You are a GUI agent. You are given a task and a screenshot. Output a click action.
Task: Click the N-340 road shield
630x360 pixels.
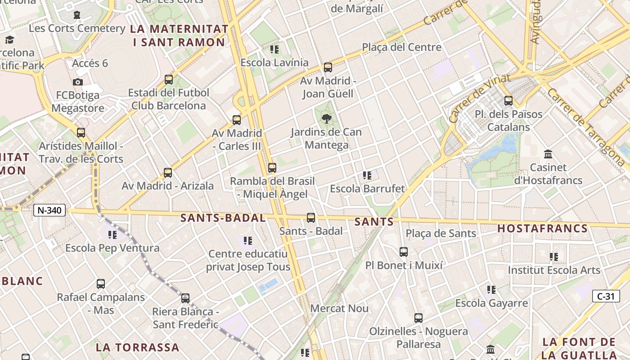coord(49,210)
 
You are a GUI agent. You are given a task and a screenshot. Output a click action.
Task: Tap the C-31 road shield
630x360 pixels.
coord(606,296)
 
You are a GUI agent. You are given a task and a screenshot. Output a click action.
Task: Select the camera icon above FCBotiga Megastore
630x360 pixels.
coord(78,82)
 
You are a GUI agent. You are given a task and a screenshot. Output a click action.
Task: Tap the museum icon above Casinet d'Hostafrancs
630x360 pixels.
coord(548,154)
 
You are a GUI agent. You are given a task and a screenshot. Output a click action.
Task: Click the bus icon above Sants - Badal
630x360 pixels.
coord(310,218)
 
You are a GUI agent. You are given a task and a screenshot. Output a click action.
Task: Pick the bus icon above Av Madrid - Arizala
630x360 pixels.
coord(168,172)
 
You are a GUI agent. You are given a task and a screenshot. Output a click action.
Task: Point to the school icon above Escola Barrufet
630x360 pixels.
coord(367,175)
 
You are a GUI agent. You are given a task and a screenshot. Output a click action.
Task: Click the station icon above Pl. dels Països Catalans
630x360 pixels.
coord(508,101)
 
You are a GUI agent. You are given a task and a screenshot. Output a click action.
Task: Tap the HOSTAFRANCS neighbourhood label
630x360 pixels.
coord(542,229)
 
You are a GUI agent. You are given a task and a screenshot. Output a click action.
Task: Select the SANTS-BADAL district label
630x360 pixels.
coord(223,218)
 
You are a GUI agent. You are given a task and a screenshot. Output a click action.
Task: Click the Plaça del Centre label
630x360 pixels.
coord(401,47)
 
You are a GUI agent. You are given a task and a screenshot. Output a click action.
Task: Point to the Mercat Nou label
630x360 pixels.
coord(339,309)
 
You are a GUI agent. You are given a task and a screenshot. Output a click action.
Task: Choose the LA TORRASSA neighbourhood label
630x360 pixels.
coord(137,347)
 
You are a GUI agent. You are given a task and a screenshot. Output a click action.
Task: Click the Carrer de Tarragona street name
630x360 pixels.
coord(585,126)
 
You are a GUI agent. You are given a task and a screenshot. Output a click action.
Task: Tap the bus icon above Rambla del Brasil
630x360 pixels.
coord(272,168)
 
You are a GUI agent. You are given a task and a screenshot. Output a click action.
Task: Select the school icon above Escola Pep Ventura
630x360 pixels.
coord(112,234)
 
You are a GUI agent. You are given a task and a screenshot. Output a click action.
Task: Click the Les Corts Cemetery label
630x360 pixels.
coord(77,28)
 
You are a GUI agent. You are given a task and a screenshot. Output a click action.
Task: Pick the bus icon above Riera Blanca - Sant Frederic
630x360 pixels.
coord(185,298)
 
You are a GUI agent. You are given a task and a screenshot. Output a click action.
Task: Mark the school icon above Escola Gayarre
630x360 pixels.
coord(491,290)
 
